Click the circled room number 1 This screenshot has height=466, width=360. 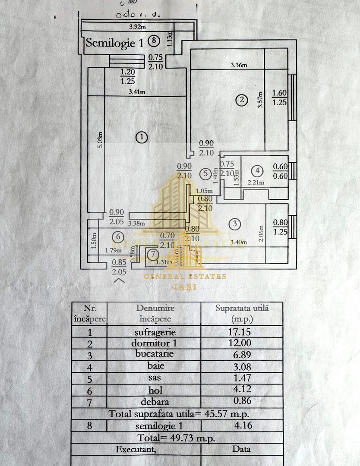click(141, 137)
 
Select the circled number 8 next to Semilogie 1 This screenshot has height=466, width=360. click(154, 41)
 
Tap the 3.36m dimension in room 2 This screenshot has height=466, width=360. click(239, 66)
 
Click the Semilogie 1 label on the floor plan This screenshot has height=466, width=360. click(115, 42)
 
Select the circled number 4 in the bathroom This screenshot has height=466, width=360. click(257, 171)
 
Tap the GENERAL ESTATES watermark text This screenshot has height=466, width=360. click(185, 277)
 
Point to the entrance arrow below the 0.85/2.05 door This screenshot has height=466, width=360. click(119, 280)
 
